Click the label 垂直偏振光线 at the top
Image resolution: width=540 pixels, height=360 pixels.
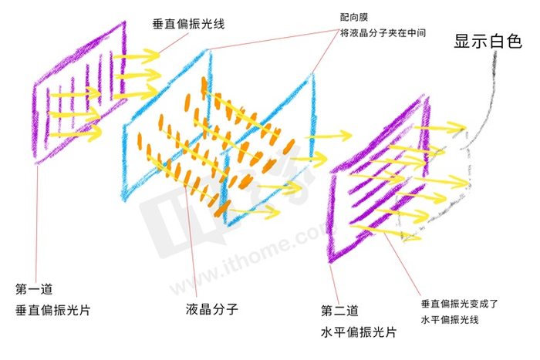(x=188, y=22)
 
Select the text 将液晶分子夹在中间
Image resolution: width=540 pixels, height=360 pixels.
(x=383, y=33)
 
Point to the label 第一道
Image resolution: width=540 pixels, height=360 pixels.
(x=33, y=290)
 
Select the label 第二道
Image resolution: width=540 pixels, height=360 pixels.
(x=339, y=311)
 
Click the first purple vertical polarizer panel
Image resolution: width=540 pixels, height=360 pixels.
(x=77, y=93)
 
